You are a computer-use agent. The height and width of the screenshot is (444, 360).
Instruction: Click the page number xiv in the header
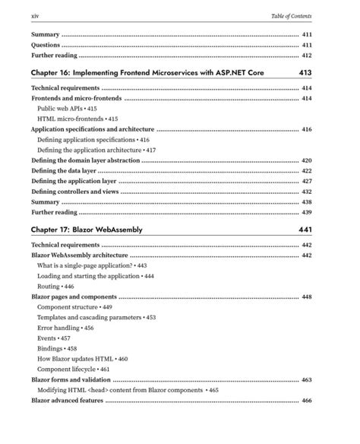35,16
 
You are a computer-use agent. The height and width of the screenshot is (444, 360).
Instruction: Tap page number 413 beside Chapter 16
305,72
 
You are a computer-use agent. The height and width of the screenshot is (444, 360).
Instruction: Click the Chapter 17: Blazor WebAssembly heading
87,228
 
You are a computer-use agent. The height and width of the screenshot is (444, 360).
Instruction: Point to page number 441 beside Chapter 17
305,228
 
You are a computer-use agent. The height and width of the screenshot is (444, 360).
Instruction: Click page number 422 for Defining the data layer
307,172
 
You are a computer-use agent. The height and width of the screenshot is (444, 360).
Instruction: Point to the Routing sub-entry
51,287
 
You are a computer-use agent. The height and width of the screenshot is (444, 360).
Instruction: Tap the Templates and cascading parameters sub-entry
91,317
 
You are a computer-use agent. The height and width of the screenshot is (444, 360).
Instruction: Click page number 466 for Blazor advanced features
307,400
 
